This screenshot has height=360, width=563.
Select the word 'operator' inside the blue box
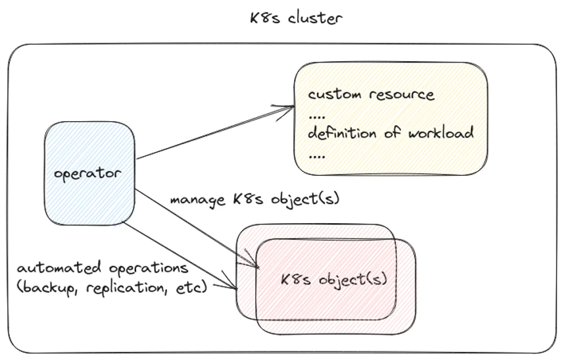87,174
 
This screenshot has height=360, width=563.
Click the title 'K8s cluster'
295,18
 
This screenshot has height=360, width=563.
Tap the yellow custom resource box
391,118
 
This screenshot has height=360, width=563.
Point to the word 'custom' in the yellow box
333,95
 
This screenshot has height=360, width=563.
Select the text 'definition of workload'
391,134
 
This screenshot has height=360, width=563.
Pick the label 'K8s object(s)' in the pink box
334,279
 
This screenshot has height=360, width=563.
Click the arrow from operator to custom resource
214,132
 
